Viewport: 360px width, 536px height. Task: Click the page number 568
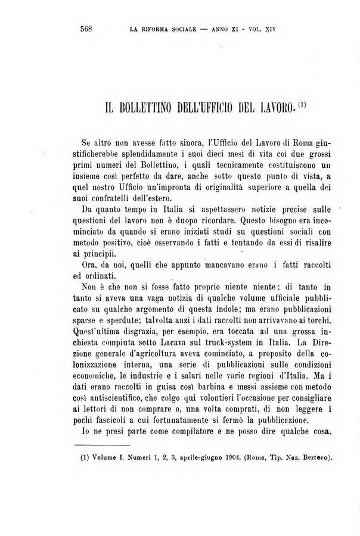pyautogui.click(x=88, y=28)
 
